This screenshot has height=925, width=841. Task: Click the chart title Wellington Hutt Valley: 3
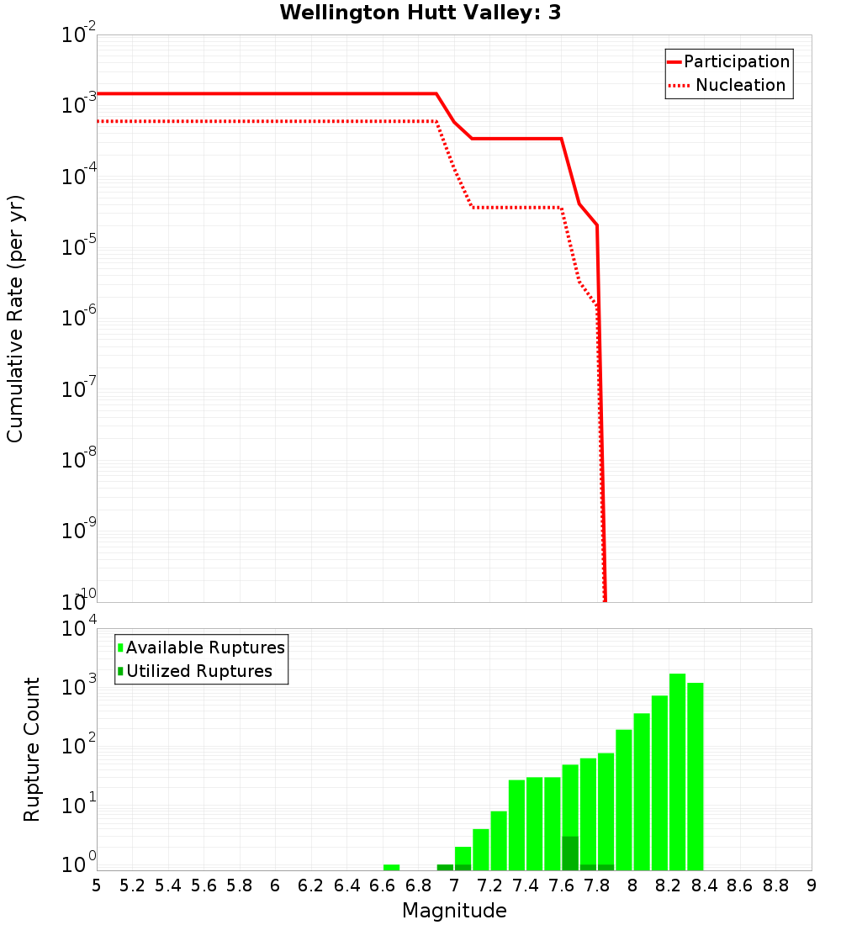point(420,13)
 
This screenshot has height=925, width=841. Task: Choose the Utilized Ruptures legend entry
point(198,672)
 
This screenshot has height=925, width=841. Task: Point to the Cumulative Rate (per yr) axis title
point(15,319)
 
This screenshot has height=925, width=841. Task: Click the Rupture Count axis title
point(32,749)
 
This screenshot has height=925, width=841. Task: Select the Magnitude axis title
point(454,911)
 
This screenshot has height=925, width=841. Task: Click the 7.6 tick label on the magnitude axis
point(561,885)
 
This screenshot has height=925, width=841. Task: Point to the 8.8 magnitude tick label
point(775,885)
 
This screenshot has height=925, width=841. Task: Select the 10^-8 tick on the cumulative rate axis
point(80,459)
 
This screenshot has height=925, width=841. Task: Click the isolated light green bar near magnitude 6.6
point(391,867)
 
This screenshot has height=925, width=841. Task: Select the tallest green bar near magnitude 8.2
point(677,772)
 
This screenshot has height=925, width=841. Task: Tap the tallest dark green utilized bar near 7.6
point(570,854)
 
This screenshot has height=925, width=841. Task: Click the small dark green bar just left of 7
point(445,867)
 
